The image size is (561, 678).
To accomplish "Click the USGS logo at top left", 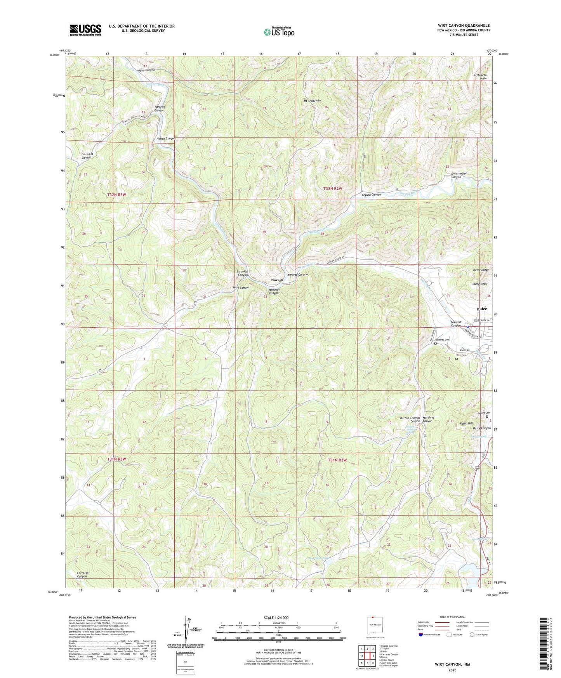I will (85, 30).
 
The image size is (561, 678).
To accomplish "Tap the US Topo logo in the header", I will (279, 32).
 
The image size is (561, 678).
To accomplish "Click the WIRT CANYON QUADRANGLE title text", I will (464, 26).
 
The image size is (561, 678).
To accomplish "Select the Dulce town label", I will (481, 309).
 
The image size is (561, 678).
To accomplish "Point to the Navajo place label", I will (276, 280).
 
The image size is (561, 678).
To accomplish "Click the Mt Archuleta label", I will (312, 100).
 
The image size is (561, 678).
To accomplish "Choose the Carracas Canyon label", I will (82, 574).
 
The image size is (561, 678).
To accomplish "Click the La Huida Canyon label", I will (87, 156).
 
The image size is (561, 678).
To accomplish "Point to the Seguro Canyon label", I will (371, 195).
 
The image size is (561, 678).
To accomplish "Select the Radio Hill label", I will (466, 424).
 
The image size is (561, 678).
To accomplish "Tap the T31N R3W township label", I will (116, 459).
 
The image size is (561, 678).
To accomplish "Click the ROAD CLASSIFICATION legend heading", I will (453, 617).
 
